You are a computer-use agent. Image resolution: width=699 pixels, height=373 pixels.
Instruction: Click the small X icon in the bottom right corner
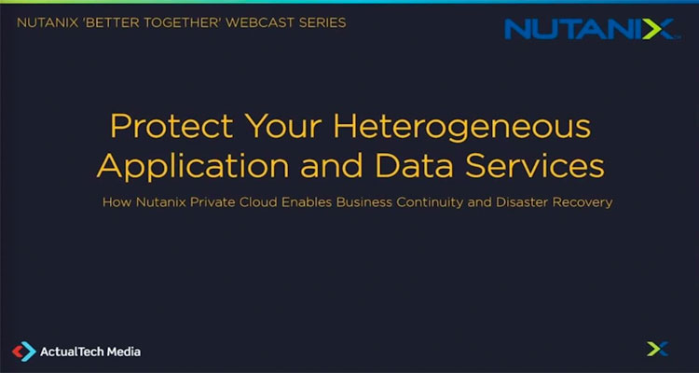pyautogui.click(x=657, y=350)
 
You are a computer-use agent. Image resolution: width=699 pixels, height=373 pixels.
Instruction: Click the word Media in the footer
pyautogui.click(x=122, y=352)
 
